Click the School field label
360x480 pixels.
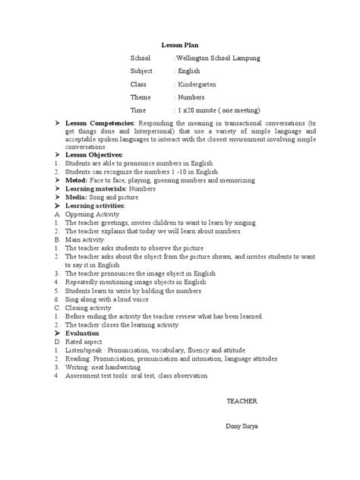click(x=141, y=58)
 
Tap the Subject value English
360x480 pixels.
click(x=189, y=71)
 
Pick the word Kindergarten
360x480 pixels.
click(x=197, y=84)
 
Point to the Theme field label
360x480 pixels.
click(x=141, y=97)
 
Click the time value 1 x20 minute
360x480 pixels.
click(x=199, y=110)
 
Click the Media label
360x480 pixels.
click(x=77, y=196)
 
